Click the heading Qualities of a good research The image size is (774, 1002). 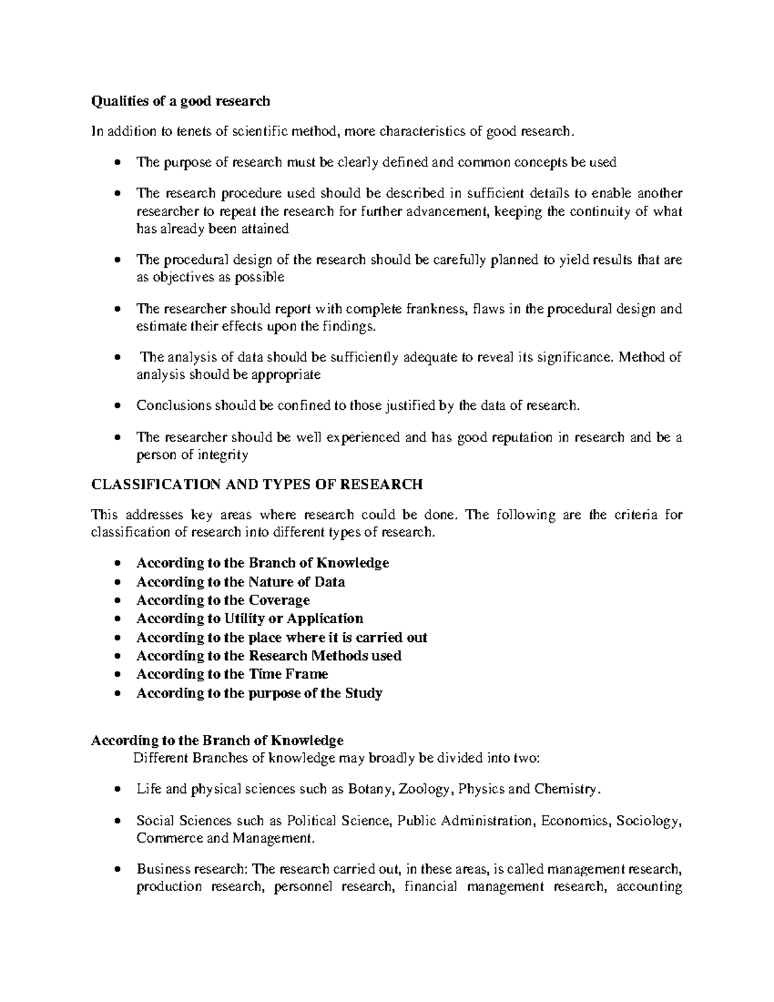[181, 101]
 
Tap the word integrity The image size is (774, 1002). [223, 456]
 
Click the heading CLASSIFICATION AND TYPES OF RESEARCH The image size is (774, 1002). [257, 485]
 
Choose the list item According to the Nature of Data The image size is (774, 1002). [240, 582]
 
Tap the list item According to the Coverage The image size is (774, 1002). [223, 600]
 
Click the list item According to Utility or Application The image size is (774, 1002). [250, 619]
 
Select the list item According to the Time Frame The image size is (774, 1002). [232, 674]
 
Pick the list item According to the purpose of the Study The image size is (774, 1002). [259, 694]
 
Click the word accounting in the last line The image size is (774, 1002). [650, 887]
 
